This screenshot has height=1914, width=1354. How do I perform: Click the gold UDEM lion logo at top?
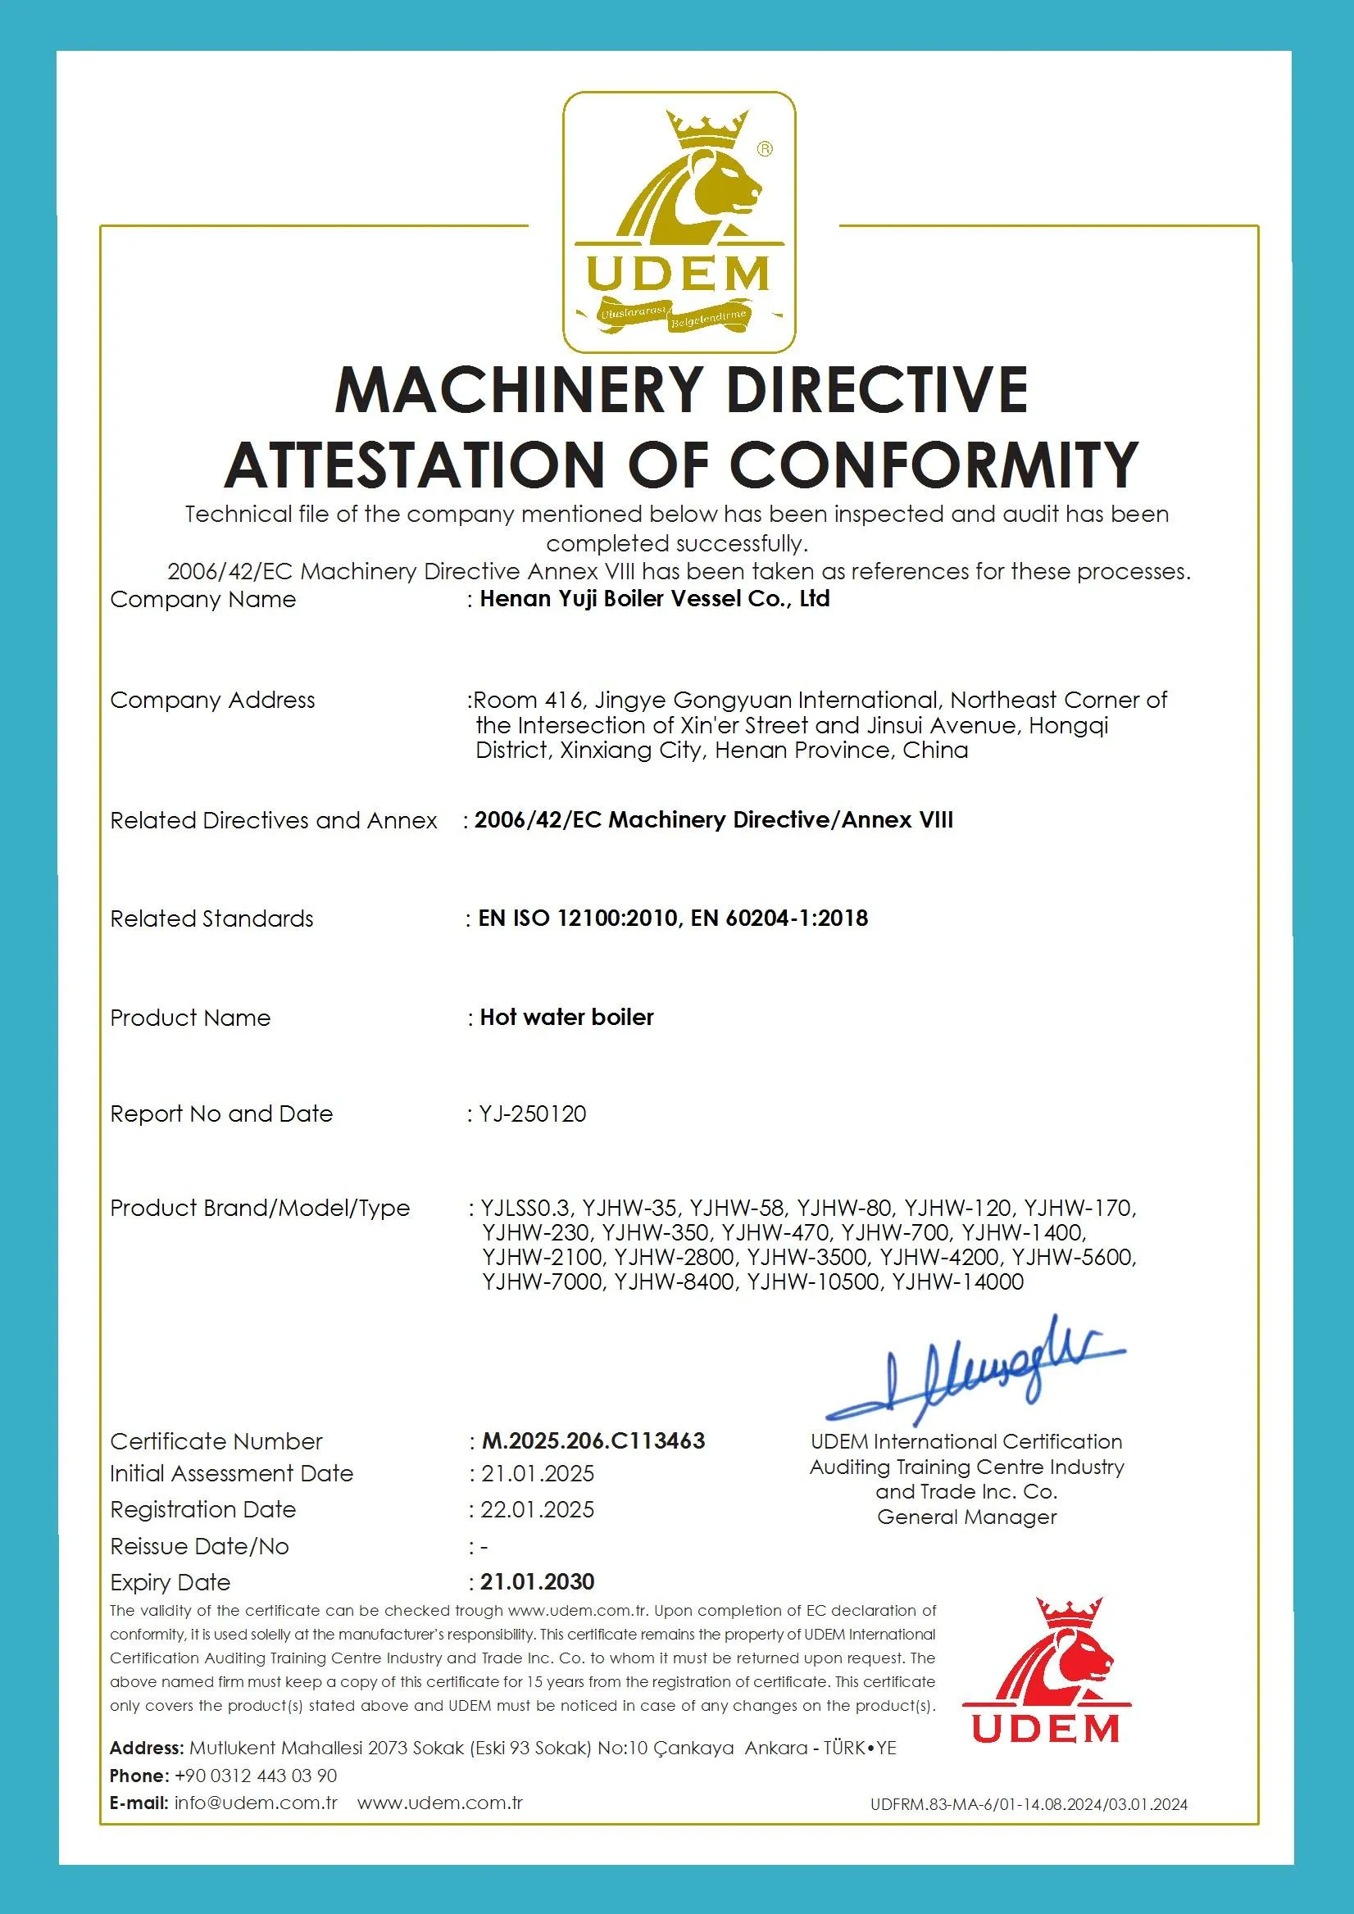678,222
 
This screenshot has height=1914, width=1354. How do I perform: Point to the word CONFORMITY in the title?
934,464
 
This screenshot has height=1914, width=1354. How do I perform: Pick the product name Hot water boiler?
566,1017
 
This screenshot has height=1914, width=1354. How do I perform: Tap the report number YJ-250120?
534,1113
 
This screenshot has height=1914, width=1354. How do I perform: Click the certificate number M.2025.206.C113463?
593,1441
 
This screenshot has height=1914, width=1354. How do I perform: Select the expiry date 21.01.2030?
537,1581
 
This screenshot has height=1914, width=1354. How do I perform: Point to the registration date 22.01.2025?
537,1510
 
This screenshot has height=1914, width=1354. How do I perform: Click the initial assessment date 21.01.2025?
537,1474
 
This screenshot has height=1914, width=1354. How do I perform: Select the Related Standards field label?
211,918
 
